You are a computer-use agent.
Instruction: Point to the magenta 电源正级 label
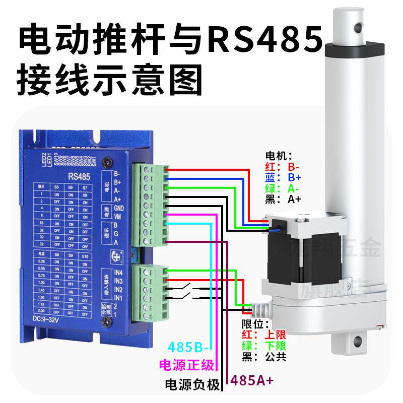point(186,365)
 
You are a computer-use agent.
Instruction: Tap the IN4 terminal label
point(119,273)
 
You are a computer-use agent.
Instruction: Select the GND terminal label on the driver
point(119,208)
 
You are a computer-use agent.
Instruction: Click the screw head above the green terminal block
point(107,162)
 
